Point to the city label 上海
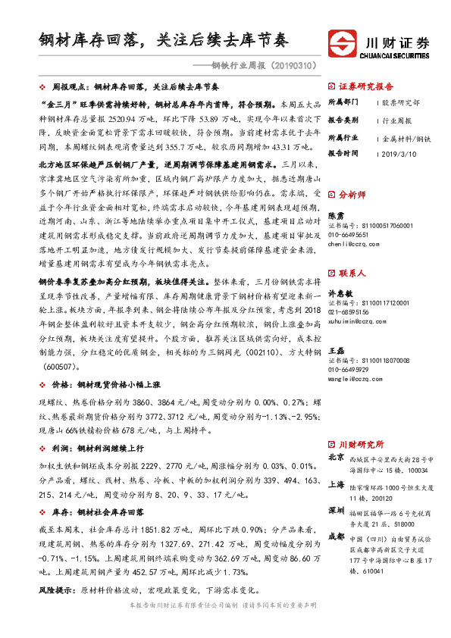click(337, 485)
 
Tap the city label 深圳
click(337, 511)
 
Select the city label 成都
click(337, 536)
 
